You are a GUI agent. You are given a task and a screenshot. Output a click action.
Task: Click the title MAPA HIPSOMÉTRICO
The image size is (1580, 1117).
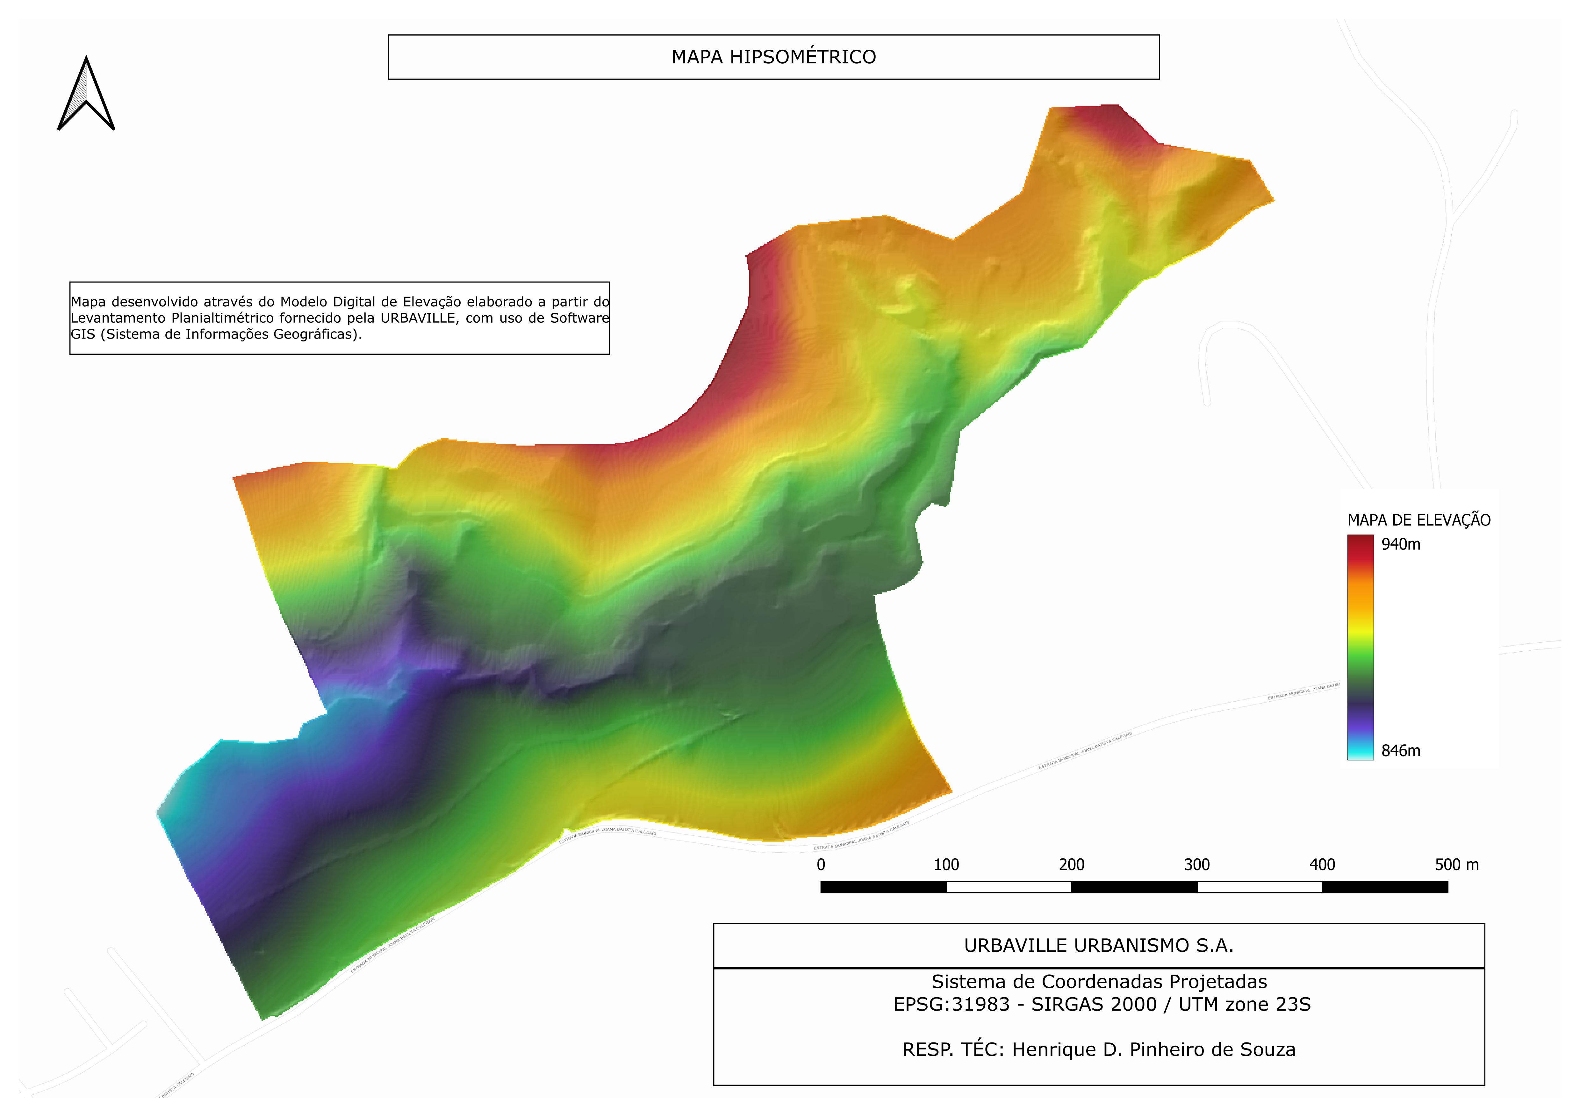coord(773,57)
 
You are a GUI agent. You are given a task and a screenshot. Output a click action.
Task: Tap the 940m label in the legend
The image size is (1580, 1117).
coord(1400,544)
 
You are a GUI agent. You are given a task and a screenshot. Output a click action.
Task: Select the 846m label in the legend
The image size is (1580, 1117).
coord(1400,751)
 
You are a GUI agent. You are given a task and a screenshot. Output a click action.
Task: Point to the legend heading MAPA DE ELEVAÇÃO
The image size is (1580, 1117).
coord(1418,520)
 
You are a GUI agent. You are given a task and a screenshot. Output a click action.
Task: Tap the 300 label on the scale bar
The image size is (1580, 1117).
coord(1197,865)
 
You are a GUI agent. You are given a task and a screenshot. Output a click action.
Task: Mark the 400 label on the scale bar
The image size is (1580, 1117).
coord(1322,865)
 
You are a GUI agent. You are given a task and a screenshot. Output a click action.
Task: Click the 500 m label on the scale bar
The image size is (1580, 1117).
coord(1456,865)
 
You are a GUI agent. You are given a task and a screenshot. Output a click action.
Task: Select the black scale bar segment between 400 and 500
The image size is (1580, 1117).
coord(1384,887)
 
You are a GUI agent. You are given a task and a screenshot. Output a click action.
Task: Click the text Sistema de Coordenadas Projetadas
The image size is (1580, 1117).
coord(1099,982)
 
